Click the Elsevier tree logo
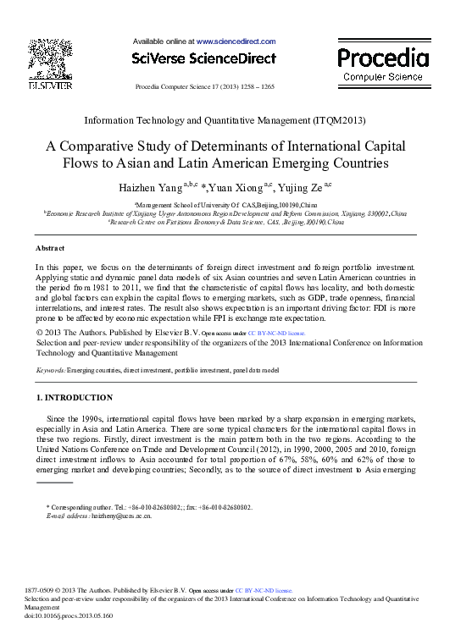tap(49, 58)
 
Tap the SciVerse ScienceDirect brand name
tap(203, 58)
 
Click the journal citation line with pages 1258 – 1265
tap(204, 87)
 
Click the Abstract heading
tap(50, 248)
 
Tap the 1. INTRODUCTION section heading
tap(74, 397)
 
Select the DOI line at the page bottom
tap(70, 615)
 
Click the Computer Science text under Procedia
tap(383, 76)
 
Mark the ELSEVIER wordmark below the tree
tap(49, 86)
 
